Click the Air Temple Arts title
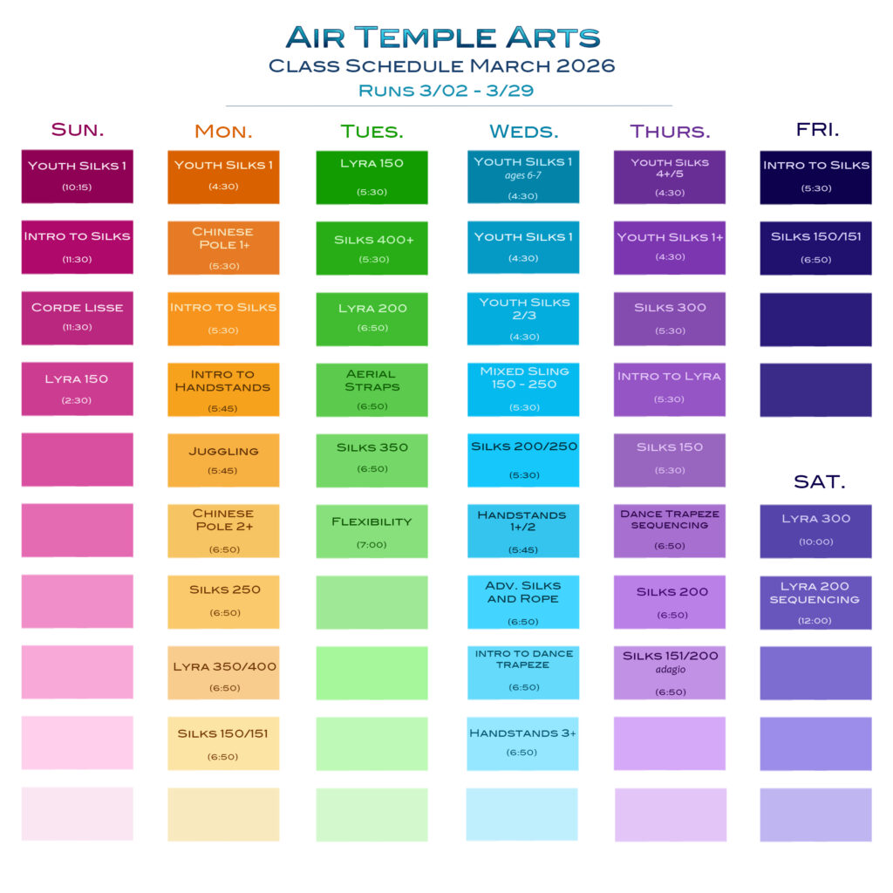(442, 37)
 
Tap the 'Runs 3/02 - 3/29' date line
(446, 91)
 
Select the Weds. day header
(524, 132)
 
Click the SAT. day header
(820, 481)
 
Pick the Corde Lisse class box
(78, 318)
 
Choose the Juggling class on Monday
(223, 460)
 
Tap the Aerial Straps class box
(372, 390)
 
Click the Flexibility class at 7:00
(372, 531)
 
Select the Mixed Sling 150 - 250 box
(523, 390)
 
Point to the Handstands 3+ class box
(523, 744)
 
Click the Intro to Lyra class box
(670, 390)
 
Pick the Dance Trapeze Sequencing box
(670, 531)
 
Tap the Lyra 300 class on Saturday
(815, 531)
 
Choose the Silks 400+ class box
(372, 248)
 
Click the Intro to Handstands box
(223, 390)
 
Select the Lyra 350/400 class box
(223, 672)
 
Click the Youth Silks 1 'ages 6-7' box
(523, 176)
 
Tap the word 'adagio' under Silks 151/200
(671, 670)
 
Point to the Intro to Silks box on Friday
(815, 177)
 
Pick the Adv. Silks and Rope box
(523, 602)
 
